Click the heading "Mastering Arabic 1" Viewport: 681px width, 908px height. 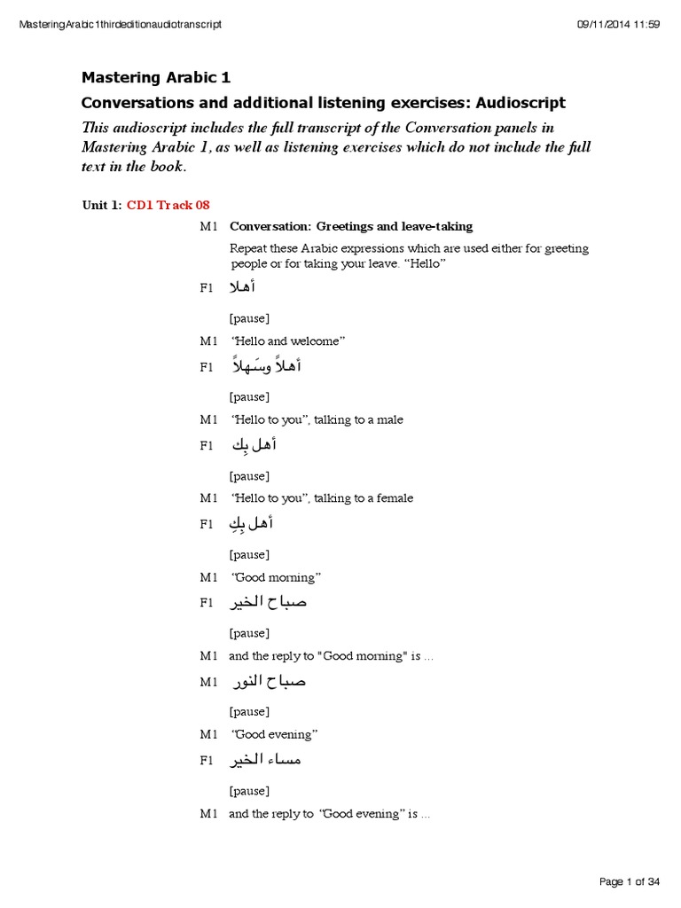click(156, 77)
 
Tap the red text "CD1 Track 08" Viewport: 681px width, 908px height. click(168, 205)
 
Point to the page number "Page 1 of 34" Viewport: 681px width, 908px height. click(630, 881)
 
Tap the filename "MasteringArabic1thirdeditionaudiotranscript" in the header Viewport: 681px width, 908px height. click(120, 24)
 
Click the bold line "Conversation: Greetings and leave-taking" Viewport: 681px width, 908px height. click(350, 226)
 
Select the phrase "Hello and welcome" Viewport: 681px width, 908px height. click(287, 340)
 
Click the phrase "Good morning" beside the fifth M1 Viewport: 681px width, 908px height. click(276, 577)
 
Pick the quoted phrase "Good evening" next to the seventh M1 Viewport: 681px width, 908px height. click(273, 734)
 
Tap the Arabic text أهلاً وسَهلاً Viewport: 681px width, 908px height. click(265, 365)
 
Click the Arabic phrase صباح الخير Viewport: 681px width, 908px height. click(269, 603)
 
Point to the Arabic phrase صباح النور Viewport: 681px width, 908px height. click(269, 681)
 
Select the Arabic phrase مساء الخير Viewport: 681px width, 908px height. click(266, 760)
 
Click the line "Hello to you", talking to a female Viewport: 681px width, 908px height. click(321, 498)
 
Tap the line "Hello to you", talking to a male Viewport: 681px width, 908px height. click(317, 419)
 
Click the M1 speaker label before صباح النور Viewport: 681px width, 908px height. click(208, 682)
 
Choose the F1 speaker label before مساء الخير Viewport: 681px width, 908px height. click(207, 760)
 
